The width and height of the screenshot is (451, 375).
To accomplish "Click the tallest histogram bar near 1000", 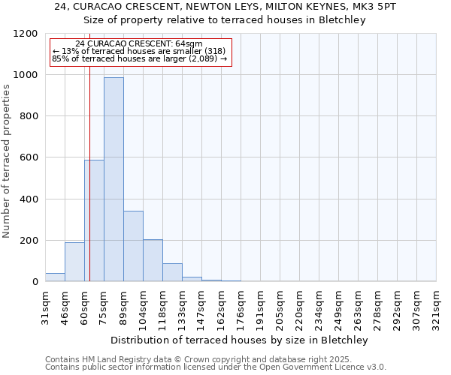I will pyautogui.click(x=114, y=180).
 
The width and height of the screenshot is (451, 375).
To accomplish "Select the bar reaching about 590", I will pyautogui.click(x=94, y=220).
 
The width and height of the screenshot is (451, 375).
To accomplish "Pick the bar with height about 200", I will pyautogui.click(x=153, y=260).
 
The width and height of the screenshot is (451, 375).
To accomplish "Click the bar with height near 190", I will pyautogui.click(x=74, y=262).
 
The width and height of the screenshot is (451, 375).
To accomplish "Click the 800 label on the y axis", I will pyautogui.click(x=29, y=116).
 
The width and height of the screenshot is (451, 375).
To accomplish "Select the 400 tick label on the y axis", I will pyautogui.click(x=29, y=199).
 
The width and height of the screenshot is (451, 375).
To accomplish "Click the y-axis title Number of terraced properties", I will pyautogui.click(x=8, y=161).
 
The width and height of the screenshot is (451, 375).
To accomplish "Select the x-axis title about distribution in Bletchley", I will pyautogui.click(x=240, y=340).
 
